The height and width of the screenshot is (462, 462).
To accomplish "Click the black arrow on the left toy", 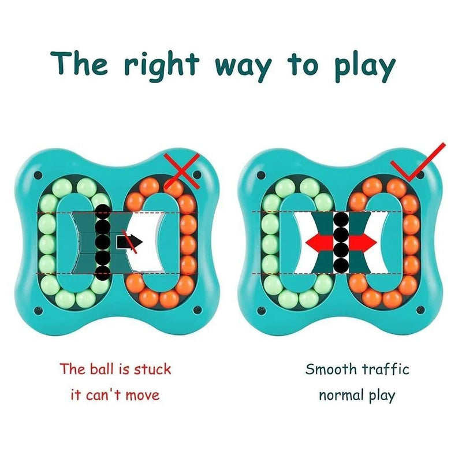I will point(126,242).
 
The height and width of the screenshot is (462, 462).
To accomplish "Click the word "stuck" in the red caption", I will point(152,368).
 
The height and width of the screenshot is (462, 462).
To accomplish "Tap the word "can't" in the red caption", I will point(109,396).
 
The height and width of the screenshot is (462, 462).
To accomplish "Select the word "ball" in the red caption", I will point(102,368).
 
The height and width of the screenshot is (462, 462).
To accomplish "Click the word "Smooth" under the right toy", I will point(331,368).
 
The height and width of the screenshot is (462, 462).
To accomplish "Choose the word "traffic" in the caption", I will point(386,368).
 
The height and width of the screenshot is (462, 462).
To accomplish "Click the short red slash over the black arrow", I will point(133,244).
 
